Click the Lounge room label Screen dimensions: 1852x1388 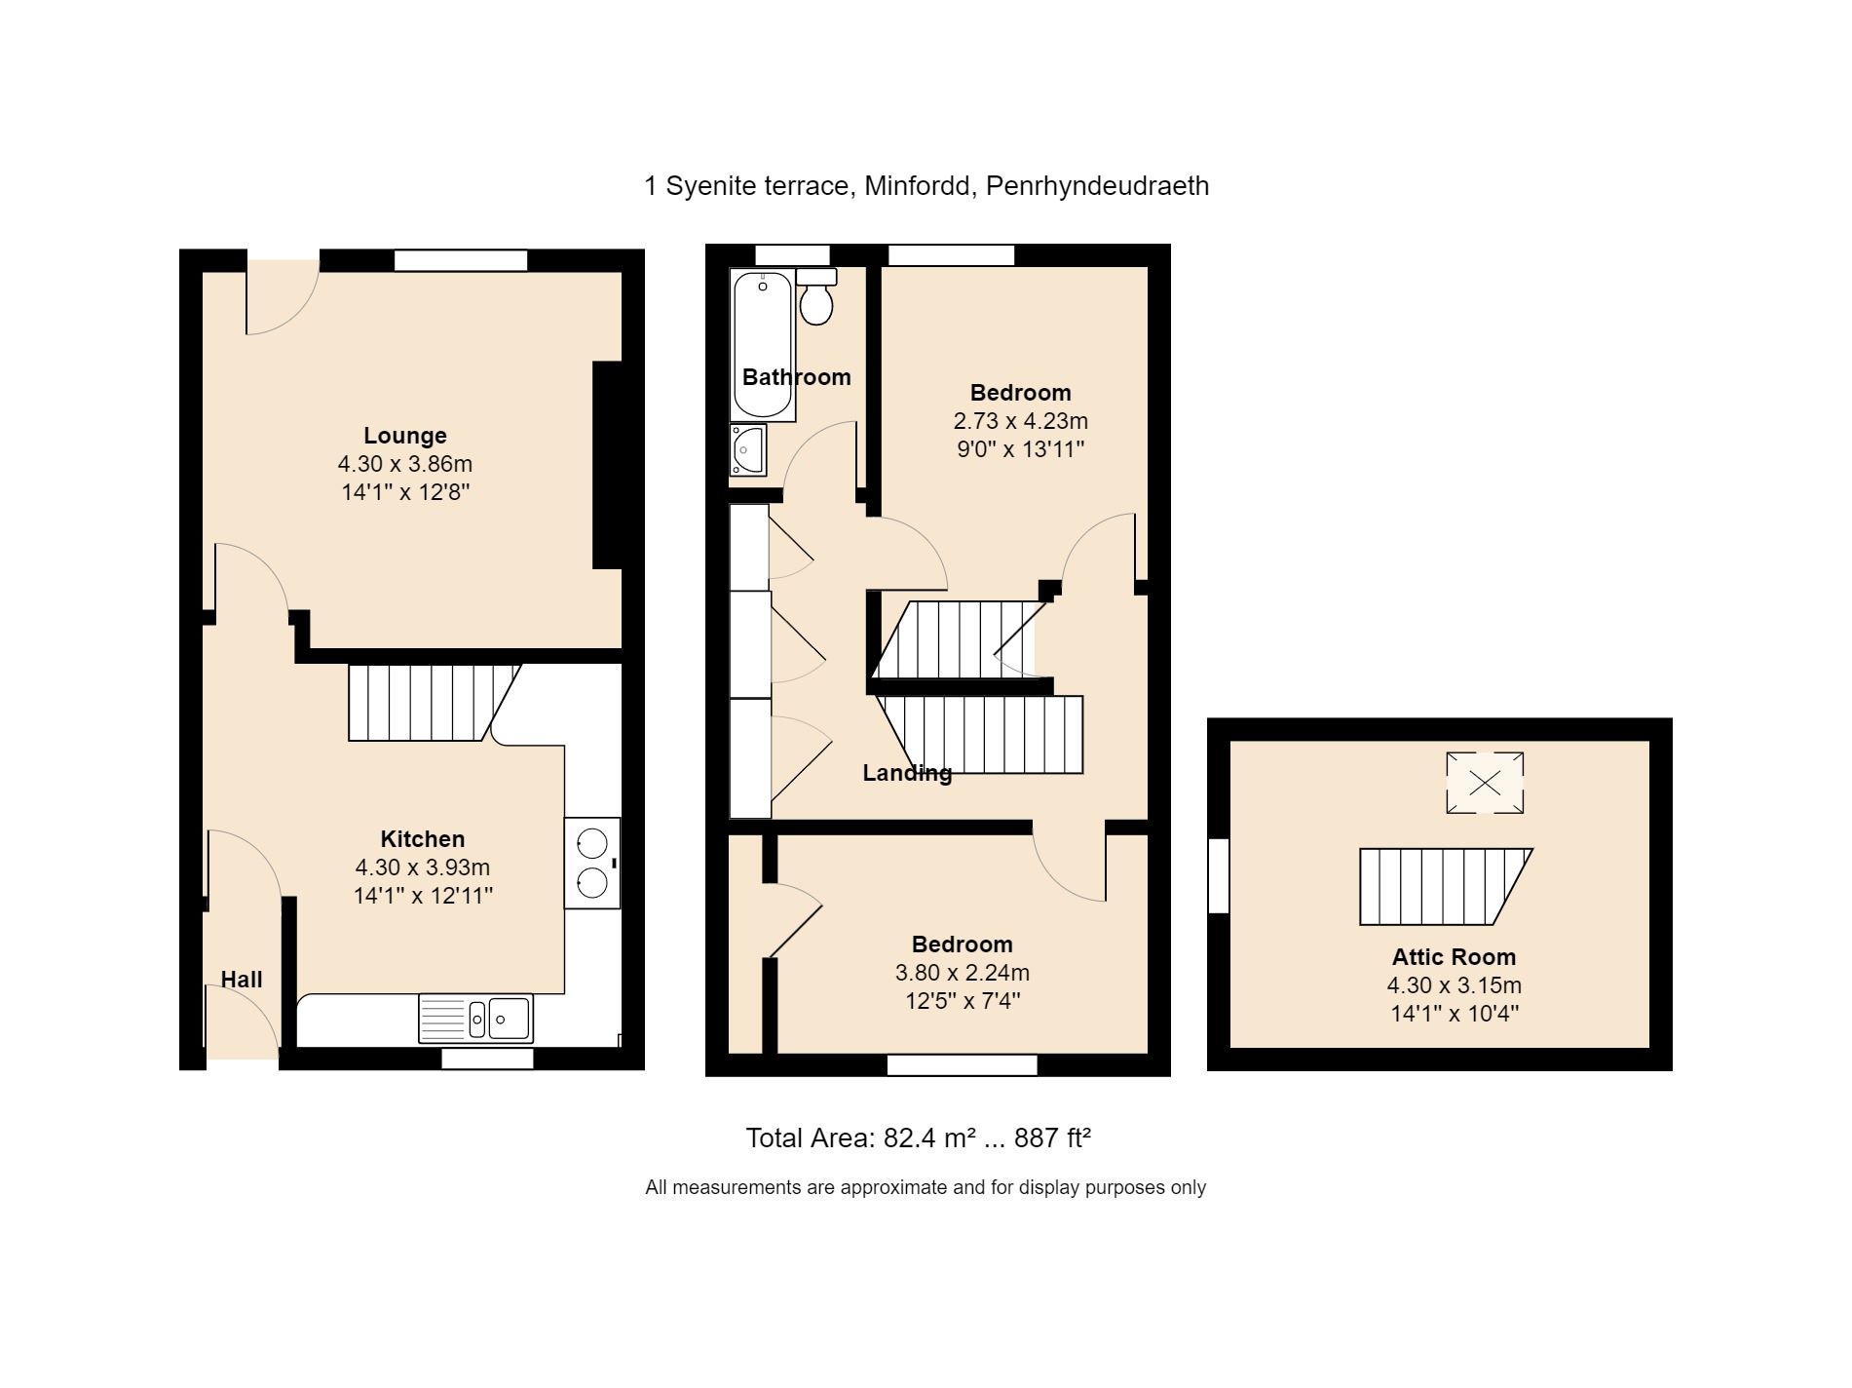[x=405, y=436]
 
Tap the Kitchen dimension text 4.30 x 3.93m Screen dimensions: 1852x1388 [x=423, y=867]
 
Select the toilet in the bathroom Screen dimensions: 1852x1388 [x=816, y=296]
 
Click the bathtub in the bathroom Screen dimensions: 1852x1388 [x=763, y=345]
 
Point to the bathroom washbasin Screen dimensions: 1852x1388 [x=748, y=450]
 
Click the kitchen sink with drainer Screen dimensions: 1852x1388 [x=475, y=1019]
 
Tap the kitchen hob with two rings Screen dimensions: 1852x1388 [x=592, y=863]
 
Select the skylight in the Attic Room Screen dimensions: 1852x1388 [x=1485, y=783]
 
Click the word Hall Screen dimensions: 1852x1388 [x=242, y=980]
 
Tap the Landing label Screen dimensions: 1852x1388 [x=907, y=773]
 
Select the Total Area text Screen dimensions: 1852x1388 [x=918, y=1137]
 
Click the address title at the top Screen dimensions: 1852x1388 [x=926, y=185]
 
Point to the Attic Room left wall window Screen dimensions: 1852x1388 [x=1219, y=876]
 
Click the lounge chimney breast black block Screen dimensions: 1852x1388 [x=607, y=465]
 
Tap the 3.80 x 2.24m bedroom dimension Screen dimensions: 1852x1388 [x=963, y=973]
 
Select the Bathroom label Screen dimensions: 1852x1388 [x=797, y=377]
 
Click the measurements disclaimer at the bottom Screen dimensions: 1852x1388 [x=926, y=1187]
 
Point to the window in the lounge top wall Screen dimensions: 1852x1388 [x=461, y=260]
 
